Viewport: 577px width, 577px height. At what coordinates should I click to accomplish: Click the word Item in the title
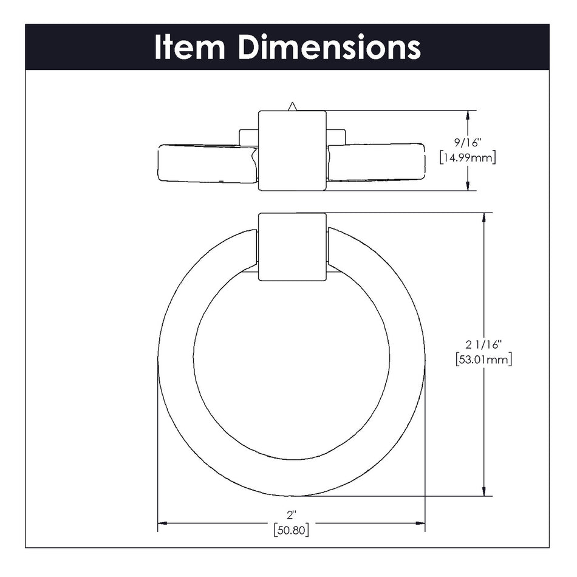click(x=191, y=47)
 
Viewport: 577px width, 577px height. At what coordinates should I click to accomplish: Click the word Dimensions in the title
click(x=329, y=47)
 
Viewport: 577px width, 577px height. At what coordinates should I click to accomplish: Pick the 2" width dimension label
click(x=291, y=515)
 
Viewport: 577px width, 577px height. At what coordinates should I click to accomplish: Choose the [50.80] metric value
click(x=291, y=530)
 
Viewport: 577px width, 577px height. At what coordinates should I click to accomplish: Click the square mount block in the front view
click(x=292, y=247)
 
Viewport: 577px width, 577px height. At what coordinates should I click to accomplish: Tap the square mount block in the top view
click(x=292, y=151)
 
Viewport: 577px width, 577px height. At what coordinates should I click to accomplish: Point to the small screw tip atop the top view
click(x=292, y=106)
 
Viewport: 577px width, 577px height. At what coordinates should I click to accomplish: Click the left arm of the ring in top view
click(x=203, y=163)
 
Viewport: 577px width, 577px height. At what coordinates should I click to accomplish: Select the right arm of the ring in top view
click(x=377, y=162)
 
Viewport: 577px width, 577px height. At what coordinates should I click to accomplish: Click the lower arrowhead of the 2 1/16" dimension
click(x=484, y=491)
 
